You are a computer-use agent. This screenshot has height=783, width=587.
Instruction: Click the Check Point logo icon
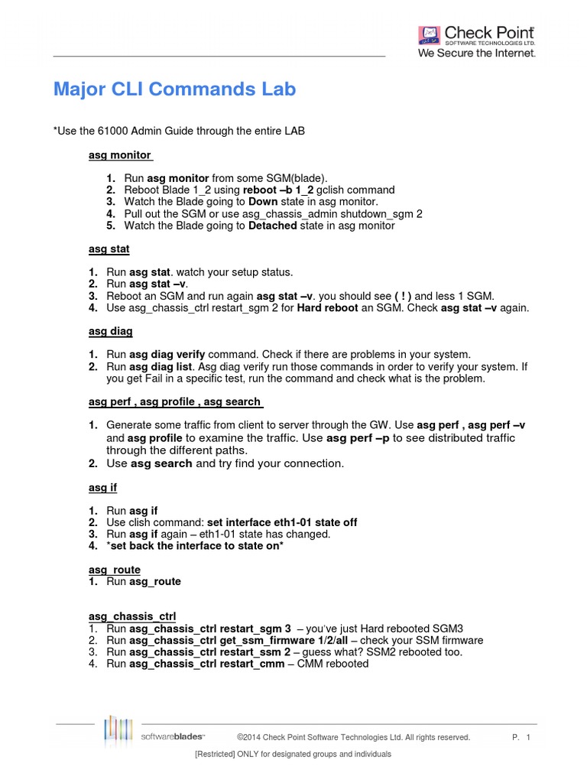pos(430,35)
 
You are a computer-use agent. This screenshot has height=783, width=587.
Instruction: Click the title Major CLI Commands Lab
pos(174,89)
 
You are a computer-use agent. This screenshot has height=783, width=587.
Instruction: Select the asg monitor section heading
pos(121,155)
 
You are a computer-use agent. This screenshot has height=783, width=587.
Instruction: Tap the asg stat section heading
pos(109,249)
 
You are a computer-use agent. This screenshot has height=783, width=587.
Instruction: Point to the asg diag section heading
pos(111,331)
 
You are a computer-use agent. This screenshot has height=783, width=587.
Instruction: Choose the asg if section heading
pos(103,487)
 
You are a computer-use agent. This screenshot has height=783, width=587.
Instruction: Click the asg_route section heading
pos(115,570)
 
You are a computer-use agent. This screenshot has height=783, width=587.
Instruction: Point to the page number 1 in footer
pos(528,737)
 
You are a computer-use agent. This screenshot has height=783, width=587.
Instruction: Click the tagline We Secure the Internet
pos(476,54)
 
